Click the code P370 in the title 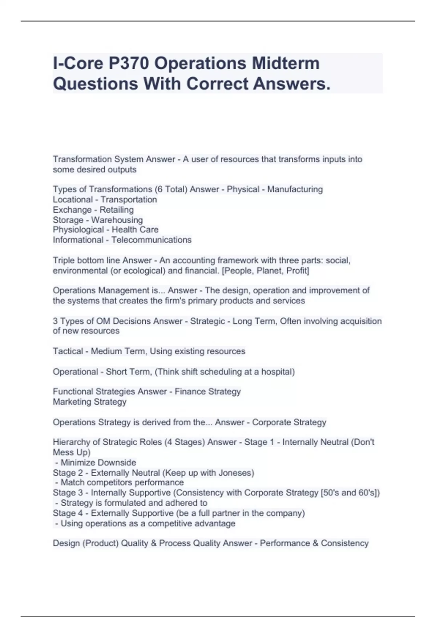pyautogui.click(x=128, y=64)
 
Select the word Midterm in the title pyautogui.click(x=286, y=64)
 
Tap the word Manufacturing pyautogui.click(x=295, y=189)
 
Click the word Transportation pyautogui.click(x=129, y=200)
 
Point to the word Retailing pyautogui.click(x=117, y=210)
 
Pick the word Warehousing pyautogui.click(x=117, y=220)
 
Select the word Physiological pyautogui.click(x=78, y=230)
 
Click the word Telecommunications pyautogui.click(x=152, y=240)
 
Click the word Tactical pyautogui.click(x=68, y=351)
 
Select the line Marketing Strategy pyautogui.click(x=90, y=402)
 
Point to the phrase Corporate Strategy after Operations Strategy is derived pyautogui.click(x=289, y=422)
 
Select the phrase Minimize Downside pyautogui.click(x=98, y=463)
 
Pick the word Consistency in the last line pyautogui.click(x=345, y=543)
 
